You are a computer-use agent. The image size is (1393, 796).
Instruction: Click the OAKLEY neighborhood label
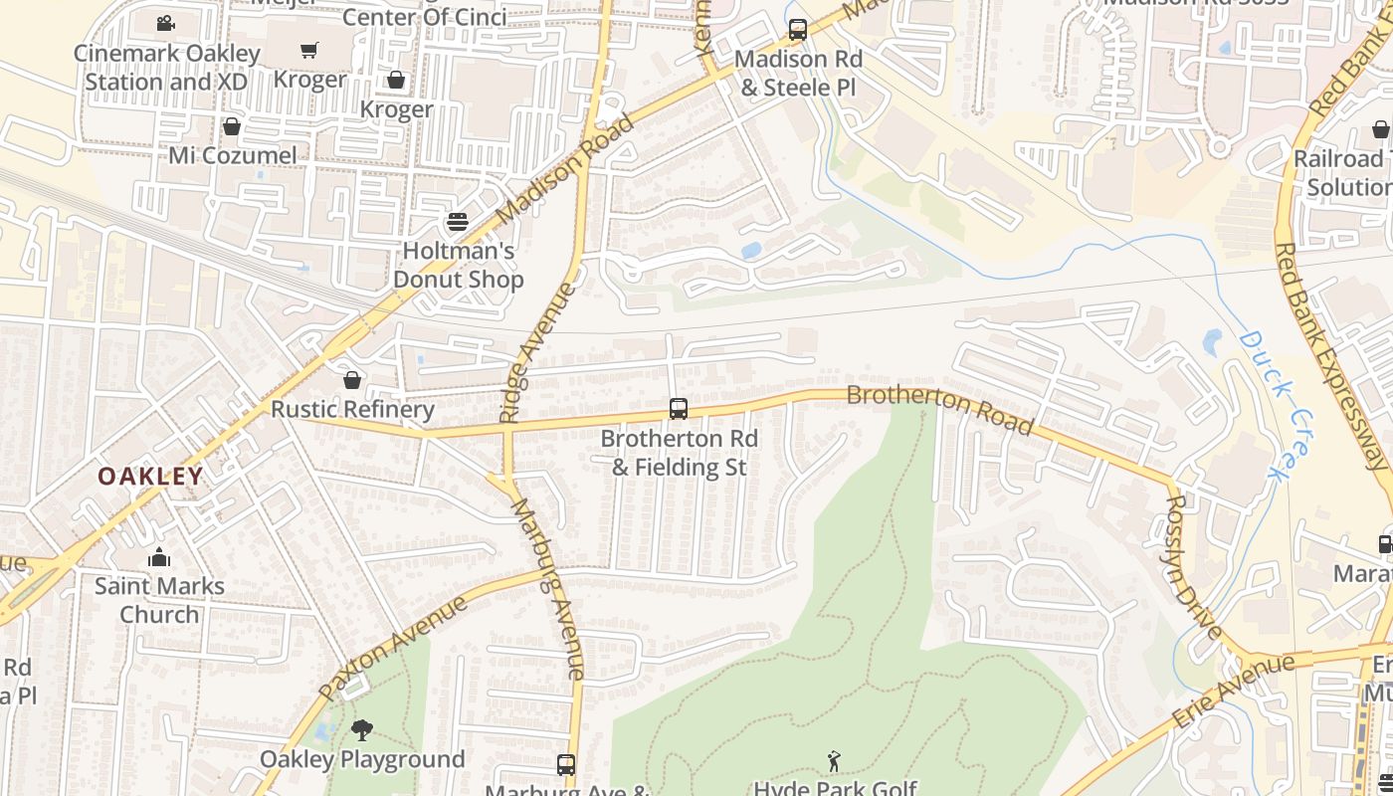150,477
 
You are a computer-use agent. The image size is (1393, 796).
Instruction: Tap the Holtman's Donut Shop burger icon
458,221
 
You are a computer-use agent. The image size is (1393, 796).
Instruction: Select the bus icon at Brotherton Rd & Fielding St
679,408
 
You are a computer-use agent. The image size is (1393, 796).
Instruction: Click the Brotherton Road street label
939,408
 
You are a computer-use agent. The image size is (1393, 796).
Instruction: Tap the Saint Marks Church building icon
159,557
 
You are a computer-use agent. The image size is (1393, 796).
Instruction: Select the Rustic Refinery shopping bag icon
351,380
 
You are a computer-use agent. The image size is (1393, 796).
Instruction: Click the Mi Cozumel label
232,155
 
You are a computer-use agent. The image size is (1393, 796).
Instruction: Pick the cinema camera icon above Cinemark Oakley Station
166,23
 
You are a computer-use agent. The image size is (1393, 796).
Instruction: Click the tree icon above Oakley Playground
362,730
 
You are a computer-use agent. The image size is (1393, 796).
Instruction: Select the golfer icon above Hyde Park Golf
834,761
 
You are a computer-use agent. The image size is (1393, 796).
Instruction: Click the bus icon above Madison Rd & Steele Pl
798,30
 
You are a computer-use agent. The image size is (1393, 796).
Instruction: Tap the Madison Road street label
564,171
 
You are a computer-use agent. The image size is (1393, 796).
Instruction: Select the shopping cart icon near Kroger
309,50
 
